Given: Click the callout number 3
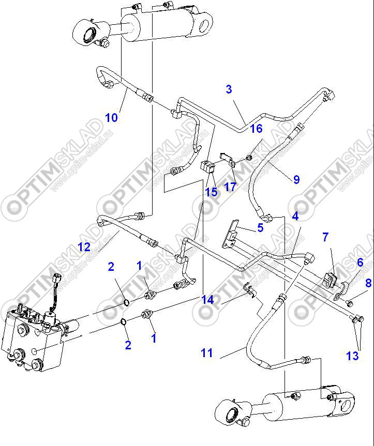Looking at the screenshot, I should pos(229,89).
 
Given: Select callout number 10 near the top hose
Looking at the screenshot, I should pos(111,118).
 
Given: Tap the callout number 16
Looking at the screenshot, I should pos(256,129).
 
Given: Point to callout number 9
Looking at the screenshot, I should pos(296,180).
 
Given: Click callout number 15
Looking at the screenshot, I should pos(211,192).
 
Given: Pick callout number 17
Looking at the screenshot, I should pos(230,187).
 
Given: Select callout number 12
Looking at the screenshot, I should pos(85,247).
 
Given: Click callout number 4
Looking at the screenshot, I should pos(295,216).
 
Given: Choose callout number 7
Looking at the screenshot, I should pos(325,237).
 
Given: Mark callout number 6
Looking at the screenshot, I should pos(360,263).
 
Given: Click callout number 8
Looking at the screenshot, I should pos(368,283).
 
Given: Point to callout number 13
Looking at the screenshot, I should pos(352,356).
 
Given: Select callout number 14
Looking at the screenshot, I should pos(207,300).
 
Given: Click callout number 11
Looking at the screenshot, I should pos(207,353).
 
